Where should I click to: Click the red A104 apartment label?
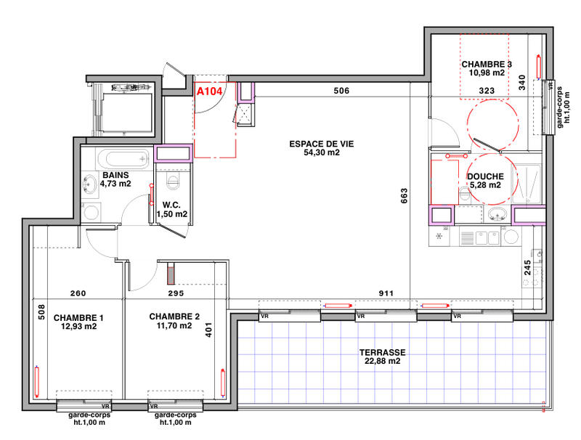(209, 91)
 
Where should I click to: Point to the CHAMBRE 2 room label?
(174, 317)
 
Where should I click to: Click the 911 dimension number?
(387, 294)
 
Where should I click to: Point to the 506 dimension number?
(342, 91)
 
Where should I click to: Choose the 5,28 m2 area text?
(485, 185)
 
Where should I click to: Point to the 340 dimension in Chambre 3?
(522, 83)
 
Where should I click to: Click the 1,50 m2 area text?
(172, 214)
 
